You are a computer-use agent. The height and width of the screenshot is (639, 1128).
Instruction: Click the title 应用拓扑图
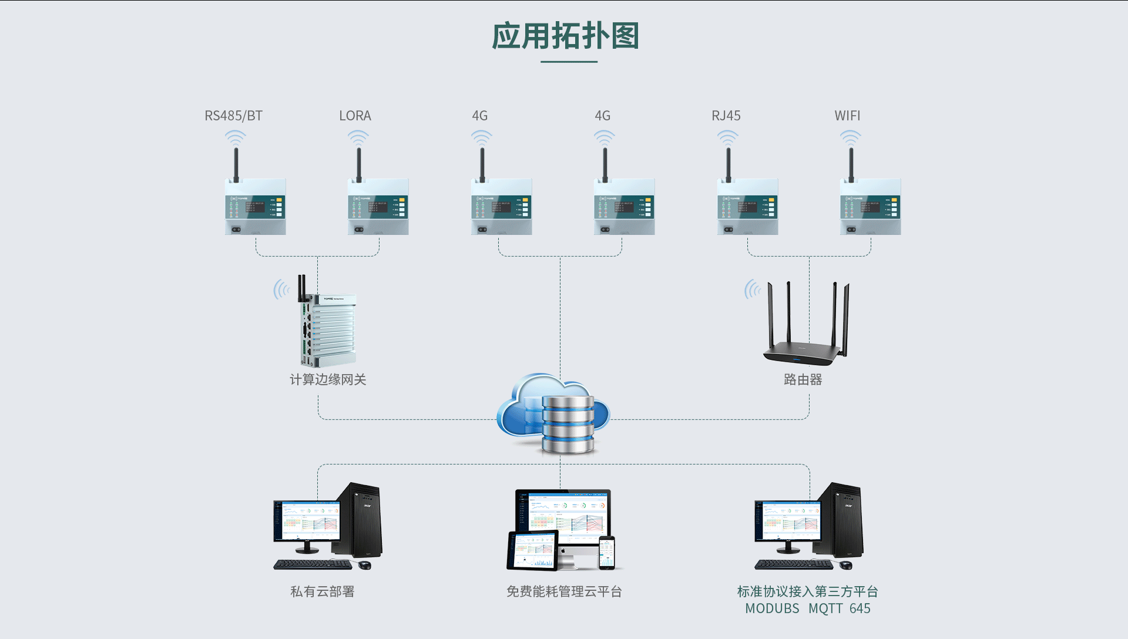(x=565, y=36)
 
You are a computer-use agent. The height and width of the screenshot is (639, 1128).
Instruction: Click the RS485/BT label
(x=233, y=116)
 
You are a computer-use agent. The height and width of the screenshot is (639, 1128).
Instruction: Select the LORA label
(x=355, y=116)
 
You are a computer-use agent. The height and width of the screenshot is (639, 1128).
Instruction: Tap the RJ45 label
(x=726, y=116)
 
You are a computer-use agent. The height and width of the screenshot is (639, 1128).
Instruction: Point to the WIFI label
(x=847, y=116)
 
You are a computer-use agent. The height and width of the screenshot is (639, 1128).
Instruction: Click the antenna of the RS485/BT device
(x=236, y=164)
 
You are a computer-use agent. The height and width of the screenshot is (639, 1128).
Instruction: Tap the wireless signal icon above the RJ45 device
(x=727, y=138)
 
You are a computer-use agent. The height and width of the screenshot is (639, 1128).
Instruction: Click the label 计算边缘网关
(x=328, y=379)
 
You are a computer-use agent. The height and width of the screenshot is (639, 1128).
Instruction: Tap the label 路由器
(x=803, y=379)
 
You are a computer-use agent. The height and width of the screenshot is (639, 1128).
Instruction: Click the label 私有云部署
(x=323, y=591)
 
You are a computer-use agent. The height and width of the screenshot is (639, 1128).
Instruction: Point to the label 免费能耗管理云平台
(x=564, y=591)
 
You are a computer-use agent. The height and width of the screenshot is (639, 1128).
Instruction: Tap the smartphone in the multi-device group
(x=607, y=553)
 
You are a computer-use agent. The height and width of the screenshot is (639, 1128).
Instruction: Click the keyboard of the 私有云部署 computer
(x=313, y=564)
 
